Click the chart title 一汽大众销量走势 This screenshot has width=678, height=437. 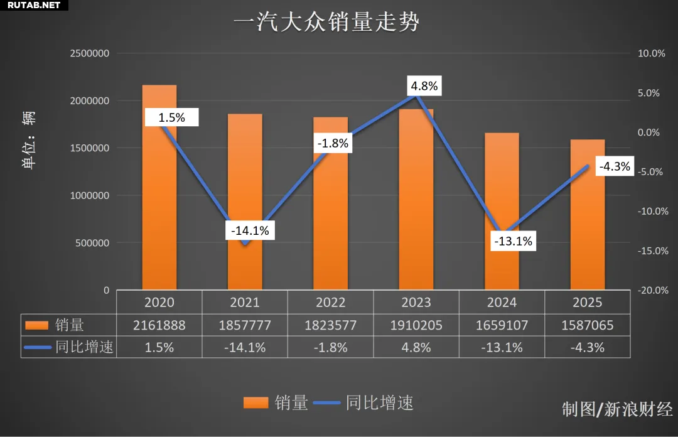(x=326, y=23)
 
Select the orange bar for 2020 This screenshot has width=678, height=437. (x=159, y=188)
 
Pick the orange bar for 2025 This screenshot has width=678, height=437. (x=588, y=213)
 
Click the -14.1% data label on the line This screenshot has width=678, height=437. (x=250, y=230)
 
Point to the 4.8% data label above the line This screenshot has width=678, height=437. (x=424, y=86)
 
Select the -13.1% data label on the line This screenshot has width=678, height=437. (x=514, y=240)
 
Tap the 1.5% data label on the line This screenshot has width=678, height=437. (x=171, y=117)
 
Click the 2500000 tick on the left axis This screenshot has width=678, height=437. (x=89, y=53)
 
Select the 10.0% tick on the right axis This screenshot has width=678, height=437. (x=651, y=53)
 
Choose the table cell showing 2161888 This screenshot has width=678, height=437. (x=159, y=325)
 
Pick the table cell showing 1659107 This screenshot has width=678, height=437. (x=502, y=325)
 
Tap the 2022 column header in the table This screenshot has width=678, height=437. (x=331, y=303)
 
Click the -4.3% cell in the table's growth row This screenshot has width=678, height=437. (x=588, y=347)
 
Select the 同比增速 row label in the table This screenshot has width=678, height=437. (x=83, y=347)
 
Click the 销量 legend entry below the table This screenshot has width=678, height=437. (x=276, y=403)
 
